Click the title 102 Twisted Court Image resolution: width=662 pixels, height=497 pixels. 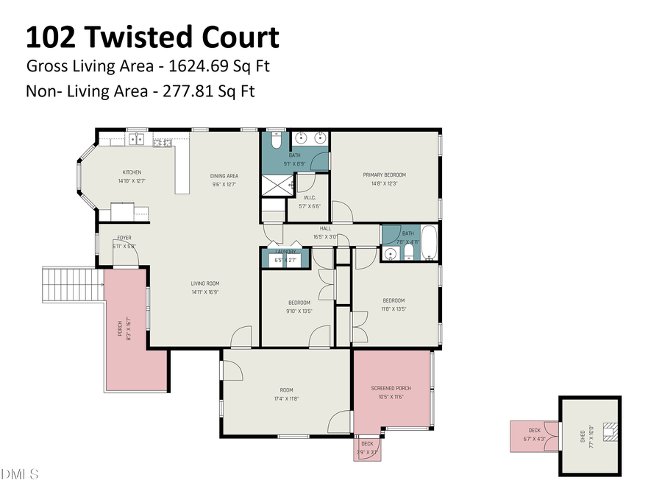coord(152,37)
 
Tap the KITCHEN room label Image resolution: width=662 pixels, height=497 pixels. coord(132,172)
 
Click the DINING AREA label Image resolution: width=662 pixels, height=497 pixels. coord(224,176)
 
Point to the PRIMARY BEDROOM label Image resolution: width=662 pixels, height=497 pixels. coord(384,175)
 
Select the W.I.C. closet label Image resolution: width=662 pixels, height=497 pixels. coord(310,197)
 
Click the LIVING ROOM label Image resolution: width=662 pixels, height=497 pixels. coord(205,283)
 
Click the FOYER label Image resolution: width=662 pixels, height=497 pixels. coord(124,238)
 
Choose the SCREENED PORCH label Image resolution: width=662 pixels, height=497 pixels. coord(391,388)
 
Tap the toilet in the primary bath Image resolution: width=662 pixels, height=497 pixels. coord(277,139)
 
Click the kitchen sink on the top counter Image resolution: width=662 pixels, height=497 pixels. coord(137,138)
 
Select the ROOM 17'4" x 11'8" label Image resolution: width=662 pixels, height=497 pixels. coord(285,390)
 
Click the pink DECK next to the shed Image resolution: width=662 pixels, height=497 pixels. coord(534,435)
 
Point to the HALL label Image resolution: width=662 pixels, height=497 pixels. coord(324,229)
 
